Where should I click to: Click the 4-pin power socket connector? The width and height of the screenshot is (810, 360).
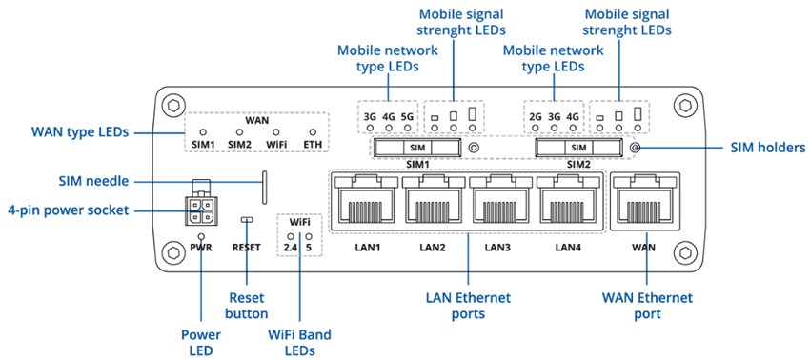pyautogui.click(x=200, y=210)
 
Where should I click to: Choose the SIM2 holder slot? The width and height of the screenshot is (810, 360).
pyautogui.click(x=577, y=148)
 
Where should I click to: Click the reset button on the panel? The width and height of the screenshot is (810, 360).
pyautogui.click(x=247, y=220)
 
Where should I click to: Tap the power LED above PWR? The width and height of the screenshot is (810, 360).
pyautogui.click(x=200, y=234)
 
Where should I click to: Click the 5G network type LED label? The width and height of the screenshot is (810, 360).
pyautogui.click(x=408, y=117)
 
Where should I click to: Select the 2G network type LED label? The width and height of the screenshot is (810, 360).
pyautogui.click(x=535, y=117)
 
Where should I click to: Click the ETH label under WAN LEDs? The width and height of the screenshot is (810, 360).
pyautogui.click(x=312, y=145)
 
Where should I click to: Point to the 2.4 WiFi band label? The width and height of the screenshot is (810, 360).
pyautogui.click(x=291, y=248)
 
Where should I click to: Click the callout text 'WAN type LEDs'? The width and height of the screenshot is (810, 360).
pyautogui.click(x=80, y=131)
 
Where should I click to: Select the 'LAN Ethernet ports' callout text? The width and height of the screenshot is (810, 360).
pyautogui.click(x=468, y=306)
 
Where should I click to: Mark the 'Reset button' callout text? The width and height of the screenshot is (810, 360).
pyautogui.click(x=247, y=306)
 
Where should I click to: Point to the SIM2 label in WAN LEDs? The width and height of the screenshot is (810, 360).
pyautogui.click(x=238, y=145)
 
